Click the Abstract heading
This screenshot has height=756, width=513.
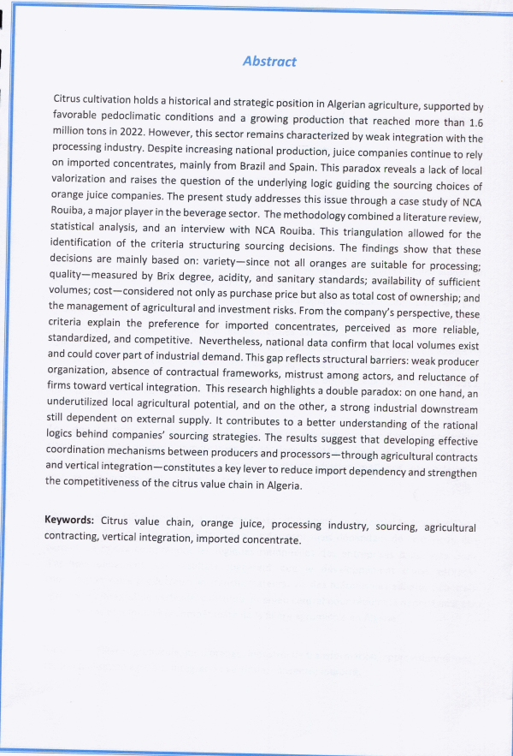269,62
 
